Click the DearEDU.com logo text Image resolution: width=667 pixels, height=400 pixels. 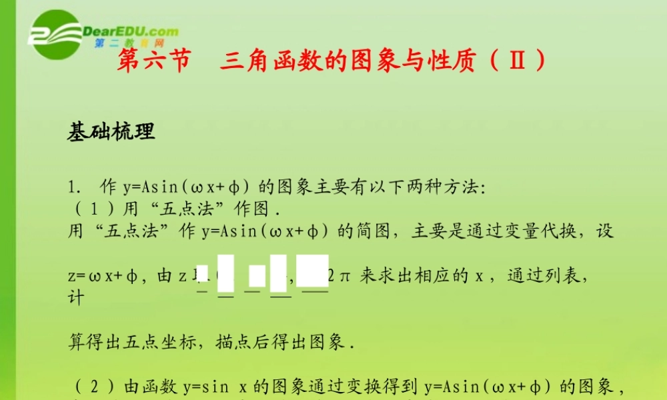pyautogui.click(x=131, y=31)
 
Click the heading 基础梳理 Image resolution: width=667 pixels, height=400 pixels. pyautogui.click(x=111, y=132)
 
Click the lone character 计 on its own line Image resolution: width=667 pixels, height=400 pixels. pyautogui.click(x=76, y=297)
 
